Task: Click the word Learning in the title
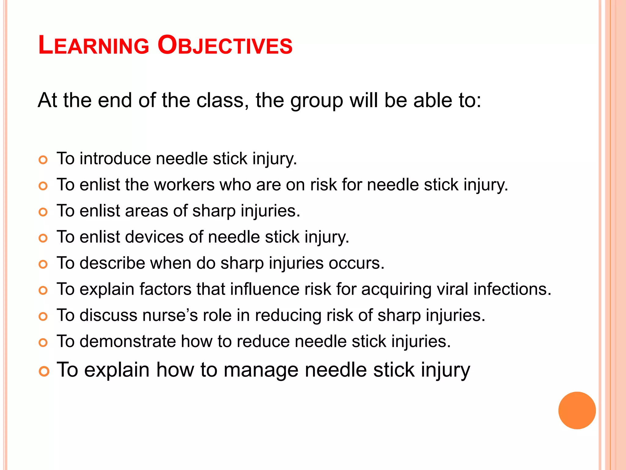(94, 45)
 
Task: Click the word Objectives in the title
(225, 45)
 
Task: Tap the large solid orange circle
(577, 410)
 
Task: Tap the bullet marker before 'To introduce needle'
(43, 160)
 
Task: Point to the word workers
(184, 185)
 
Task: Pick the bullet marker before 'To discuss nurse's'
(43, 316)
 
